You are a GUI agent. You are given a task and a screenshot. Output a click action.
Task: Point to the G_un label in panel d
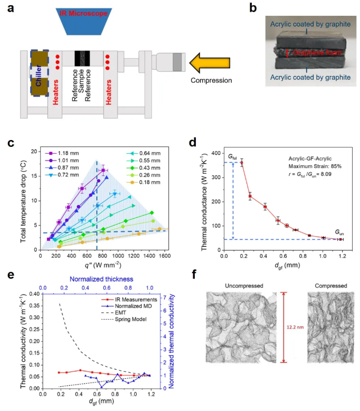point(339,232)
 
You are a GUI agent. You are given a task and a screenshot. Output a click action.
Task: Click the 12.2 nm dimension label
point(293,327)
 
